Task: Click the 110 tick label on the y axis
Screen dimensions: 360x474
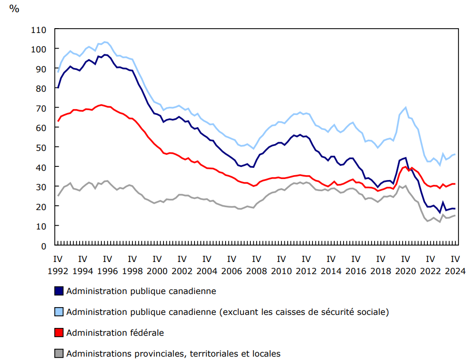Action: coord(39,30)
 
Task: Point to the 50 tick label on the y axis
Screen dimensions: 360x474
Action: coord(41,147)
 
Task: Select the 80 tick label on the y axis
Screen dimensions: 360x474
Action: coord(41,88)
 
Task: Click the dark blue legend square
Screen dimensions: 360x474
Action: coord(59,291)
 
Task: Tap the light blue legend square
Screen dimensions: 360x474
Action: coord(59,311)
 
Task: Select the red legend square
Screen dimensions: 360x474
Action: coord(59,332)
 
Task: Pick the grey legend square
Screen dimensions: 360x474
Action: coord(59,353)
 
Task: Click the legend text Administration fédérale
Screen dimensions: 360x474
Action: coord(115,332)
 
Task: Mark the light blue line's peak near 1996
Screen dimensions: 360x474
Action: coord(105,42)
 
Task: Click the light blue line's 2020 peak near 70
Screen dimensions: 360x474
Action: coord(405,107)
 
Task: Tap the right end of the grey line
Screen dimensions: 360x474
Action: coord(455,215)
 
